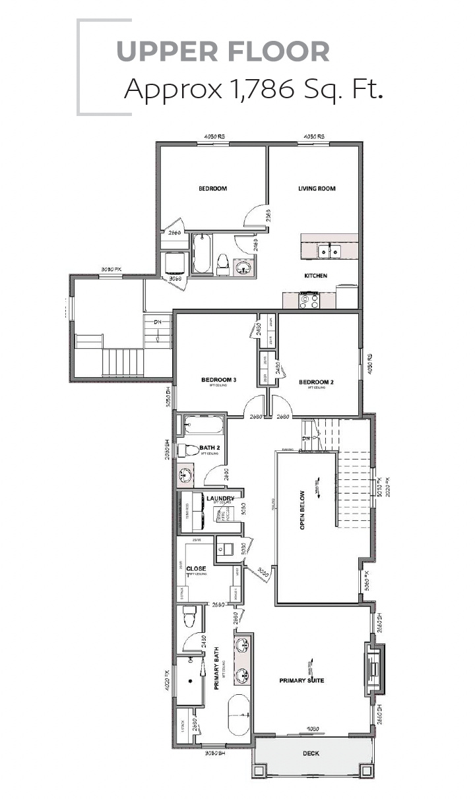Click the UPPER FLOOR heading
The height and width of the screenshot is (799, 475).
[x=223, y=51]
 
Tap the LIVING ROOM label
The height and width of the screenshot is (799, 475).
[x=317, y=189]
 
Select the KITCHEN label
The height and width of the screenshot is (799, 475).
[x=315, y=276]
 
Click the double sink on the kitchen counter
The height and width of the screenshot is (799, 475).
[x=328, y=250]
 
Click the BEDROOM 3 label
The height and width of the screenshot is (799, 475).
[x=218, y=380]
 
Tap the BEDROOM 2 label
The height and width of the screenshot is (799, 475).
[x=316, y=382]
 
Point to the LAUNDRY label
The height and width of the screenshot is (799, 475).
[x=220, y=498]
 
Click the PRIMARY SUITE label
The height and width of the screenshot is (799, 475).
[x=301, y=680]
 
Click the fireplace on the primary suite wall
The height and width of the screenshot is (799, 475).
[x=373, y=670]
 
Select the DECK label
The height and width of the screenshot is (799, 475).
[x=311, y=753]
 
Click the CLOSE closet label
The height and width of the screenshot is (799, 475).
[x=196, y=568]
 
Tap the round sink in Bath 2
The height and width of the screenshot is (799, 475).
[x=185, y=475]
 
